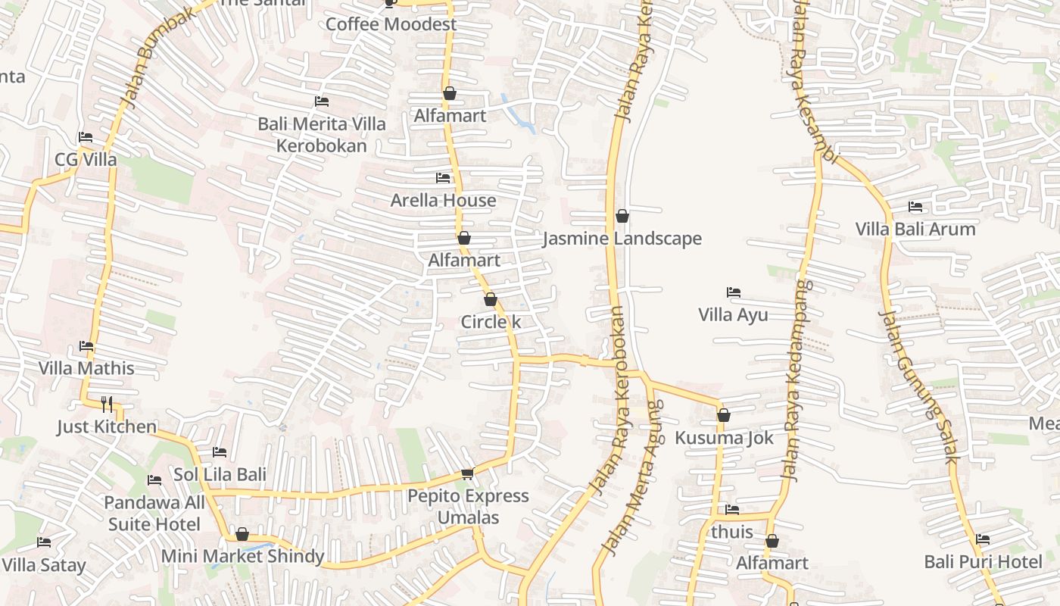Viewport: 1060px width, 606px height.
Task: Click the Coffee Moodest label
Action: [391, 24]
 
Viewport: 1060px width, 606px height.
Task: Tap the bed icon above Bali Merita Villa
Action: [322, 102]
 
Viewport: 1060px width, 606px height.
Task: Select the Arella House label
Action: [443, 201]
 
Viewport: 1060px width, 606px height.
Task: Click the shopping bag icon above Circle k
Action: [491, 300]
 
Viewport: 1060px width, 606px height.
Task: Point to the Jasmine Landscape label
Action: [622, 239]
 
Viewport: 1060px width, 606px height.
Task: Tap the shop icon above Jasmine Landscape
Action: [622, 217]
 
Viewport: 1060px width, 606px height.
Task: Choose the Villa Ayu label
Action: [733, 315]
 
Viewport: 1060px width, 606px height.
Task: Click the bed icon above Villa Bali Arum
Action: [915, 207]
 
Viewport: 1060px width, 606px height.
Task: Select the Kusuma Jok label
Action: [724, 438]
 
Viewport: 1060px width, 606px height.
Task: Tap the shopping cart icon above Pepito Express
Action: [467, 474]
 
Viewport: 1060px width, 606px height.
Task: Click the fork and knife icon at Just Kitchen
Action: [107, 405]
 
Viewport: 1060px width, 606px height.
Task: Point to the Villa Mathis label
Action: [86, 369]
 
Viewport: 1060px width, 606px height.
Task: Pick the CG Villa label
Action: [86, 160]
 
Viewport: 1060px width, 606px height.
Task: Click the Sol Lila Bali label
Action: [220, 475]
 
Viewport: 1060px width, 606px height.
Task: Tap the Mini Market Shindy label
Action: [242, 557]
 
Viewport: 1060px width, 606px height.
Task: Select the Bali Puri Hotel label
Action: [983, 562]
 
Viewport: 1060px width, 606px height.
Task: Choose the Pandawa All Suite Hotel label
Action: [154, 514]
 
